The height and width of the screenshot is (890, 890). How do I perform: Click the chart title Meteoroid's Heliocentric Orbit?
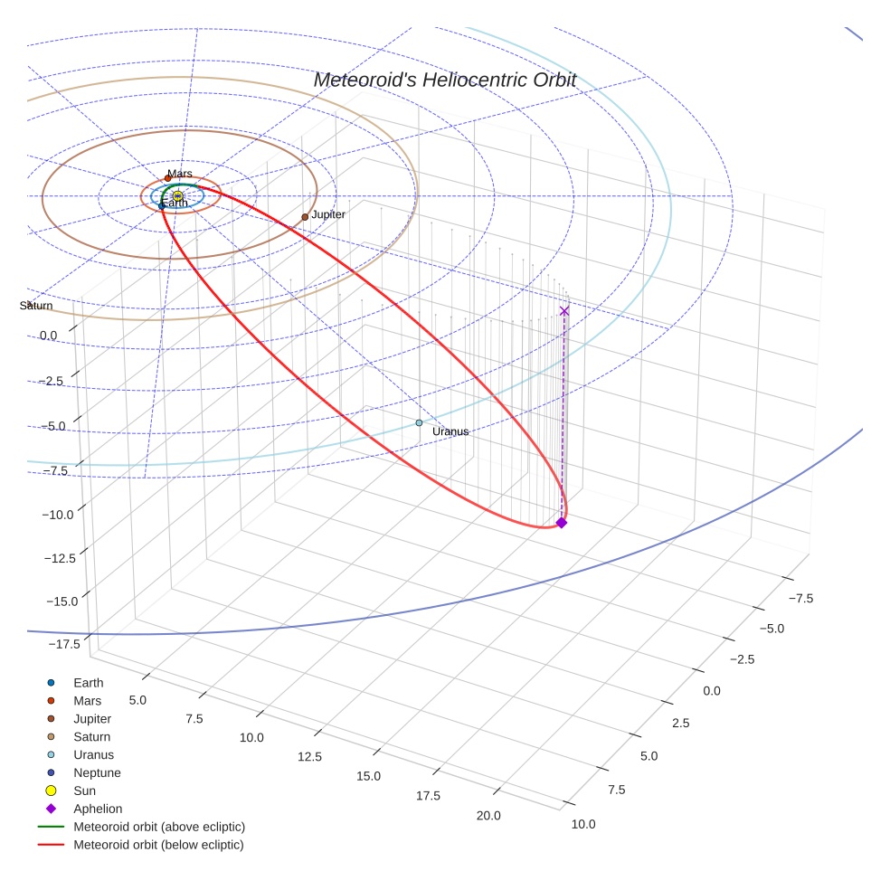pyautogui.click(x=444, y=80)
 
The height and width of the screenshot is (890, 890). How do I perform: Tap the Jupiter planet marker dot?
pyautogui.click(x=305, y=217)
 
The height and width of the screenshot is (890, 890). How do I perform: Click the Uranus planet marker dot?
pyautogui.click(x=419, y=422)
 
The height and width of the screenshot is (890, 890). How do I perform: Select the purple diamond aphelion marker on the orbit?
pyautogui.click(x=561, y=523)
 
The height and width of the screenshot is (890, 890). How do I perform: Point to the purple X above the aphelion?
pyautogui.click(x=564, y=310)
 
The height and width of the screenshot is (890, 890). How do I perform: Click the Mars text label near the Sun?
pyautogui.click(x=180, y=174)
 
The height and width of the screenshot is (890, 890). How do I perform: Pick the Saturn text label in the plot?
pyautogui.click(x=36, y=306)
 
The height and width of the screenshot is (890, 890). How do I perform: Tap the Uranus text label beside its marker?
pyautogui.click(x=450, y=431)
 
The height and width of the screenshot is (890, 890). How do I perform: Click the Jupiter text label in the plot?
pyautogui.click(x=328, y=214)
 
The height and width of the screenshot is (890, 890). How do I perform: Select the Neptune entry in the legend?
pyautogui.click(x=97, y=772)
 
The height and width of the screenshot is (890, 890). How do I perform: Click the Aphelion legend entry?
pyautogui.click(x=98, y=809)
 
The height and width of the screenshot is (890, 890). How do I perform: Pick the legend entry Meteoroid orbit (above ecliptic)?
pyautogui.click(x=159, y=827)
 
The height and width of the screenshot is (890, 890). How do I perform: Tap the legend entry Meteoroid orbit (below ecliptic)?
pyautogui.click(x=158, y=845)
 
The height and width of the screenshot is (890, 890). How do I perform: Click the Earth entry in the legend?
pyautogui.click(x=89, y=683)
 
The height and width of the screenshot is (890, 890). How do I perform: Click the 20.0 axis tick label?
pyautogui.click(x=488, y=816)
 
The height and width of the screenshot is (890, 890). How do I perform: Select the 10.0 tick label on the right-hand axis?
pyautogui.click(x=583, y=824)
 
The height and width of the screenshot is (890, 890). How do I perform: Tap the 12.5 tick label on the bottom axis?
pyautogui.click(x=310, y=756)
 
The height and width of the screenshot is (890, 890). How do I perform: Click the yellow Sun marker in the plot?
pyautogui.click(x=178, y=195)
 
